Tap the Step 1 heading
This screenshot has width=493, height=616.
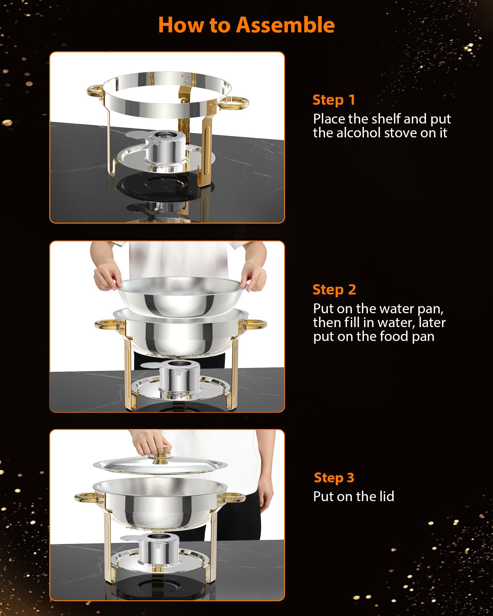(x=334, y=100)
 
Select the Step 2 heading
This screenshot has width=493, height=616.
(x=334, y=290)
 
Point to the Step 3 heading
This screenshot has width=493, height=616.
(x=334, y=478)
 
